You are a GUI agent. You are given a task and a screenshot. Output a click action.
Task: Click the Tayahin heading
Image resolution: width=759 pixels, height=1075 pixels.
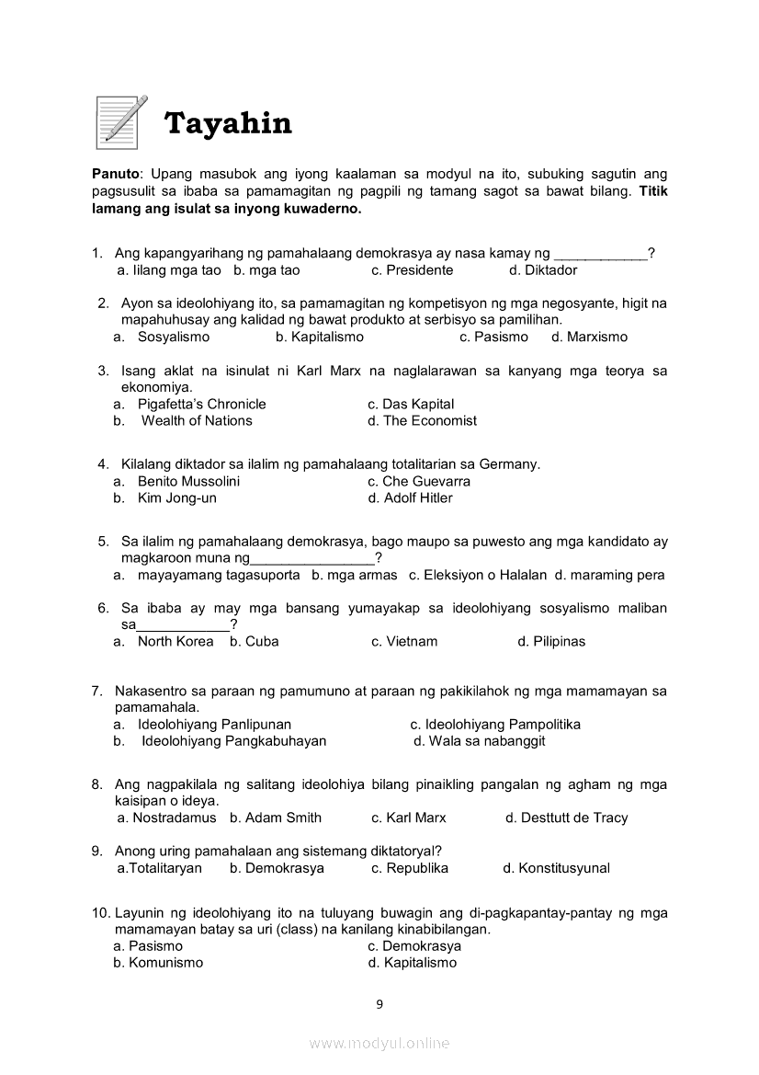click(x=227, y=123)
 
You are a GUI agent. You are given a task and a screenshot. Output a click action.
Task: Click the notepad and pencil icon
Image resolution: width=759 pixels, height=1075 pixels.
click(x=121, y=121)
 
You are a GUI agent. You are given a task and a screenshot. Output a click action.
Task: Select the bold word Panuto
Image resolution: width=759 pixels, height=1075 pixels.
click(x=116, y=174)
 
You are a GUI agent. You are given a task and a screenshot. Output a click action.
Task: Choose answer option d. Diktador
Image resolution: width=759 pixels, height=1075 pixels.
click(x=543, y=270)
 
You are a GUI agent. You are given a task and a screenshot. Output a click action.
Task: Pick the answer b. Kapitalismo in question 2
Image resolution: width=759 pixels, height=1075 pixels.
click(x=320, y=337)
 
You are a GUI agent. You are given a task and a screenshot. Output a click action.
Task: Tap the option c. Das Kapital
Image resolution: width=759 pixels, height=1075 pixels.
click(x=411, y=404)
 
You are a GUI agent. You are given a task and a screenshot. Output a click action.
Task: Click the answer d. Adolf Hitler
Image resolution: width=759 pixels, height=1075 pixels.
click(x=410, y=497)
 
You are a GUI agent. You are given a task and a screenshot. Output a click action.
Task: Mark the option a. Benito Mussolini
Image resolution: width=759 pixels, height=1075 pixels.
click(x=176, y=481)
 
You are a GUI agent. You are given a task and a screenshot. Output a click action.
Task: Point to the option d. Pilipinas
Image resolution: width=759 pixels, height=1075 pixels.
click(x=551, y=641)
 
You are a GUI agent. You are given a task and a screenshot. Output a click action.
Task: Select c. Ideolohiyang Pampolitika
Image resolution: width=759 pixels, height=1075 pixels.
click(x=495, y=724)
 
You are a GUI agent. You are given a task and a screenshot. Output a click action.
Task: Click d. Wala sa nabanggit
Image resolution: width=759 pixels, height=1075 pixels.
click(x=479, y=740)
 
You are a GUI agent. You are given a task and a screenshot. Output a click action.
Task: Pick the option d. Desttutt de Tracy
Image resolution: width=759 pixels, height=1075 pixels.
click(x=566, y=818)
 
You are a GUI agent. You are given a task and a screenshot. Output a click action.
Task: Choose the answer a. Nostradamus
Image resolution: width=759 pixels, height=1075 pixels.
click(x=166, y=818)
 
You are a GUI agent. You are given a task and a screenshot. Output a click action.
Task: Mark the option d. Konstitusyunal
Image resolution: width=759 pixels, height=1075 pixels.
click(x=556, y=868)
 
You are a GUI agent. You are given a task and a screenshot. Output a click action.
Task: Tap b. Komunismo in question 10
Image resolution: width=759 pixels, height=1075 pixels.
click(x=158, y=963)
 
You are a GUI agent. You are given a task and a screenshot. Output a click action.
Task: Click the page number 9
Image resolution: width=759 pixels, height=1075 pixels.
click(x=379, y=1004)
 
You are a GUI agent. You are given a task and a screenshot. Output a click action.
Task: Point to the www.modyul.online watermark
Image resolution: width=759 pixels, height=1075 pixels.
click(x=379, y=1043)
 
